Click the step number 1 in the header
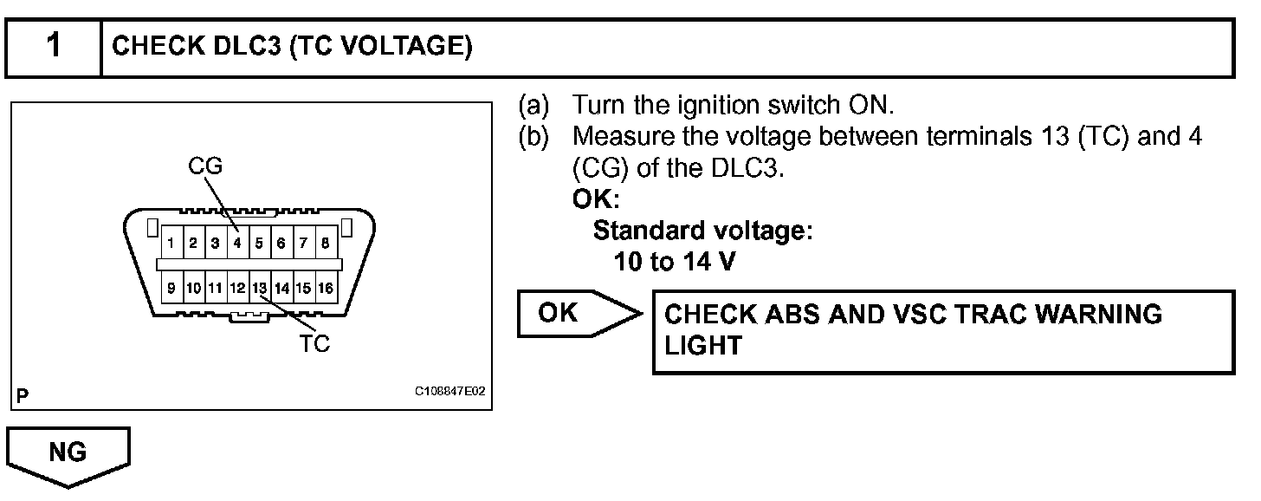pos(54,46)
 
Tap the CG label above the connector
pos(205,167)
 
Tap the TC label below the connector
pos(314,344)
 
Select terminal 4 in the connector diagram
pos(237,244)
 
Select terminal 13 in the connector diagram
pos(260,286)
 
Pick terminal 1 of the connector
pos(172,244)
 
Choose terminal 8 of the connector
pos(325,244)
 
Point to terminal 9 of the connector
pos(172,286)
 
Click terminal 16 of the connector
pos(326,286)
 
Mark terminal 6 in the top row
pos(281,244)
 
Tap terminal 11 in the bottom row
pos(216,286)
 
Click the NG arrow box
pos(68,454)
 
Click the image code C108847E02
pos(450,392)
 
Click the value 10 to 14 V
pos(674,262)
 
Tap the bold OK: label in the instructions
pos(596,199)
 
